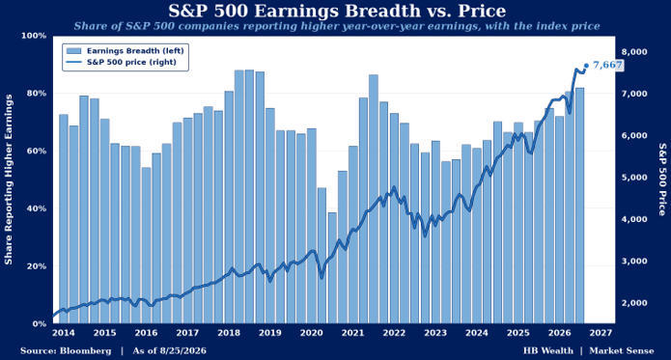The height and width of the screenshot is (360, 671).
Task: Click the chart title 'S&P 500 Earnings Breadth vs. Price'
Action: pyautogui.click(x=337, y=11)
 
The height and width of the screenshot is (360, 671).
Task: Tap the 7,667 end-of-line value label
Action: pyautogui.click(x=607, y=65)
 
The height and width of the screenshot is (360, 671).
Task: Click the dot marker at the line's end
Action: pyautogui.click(x=586, y=66)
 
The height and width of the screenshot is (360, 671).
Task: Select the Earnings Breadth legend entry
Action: pyautogui.click(x=125, y=51)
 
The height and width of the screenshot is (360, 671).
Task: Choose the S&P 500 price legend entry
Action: pyautogui.click(x=121, y=62)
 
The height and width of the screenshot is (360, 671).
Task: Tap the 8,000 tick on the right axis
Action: pyautogui.click(x=633, y=52)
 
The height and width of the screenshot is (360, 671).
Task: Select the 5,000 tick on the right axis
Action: pyautogui.click(x=633, y=178)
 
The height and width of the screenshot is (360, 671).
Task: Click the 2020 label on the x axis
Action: pyautogui.click(x=312, y=333)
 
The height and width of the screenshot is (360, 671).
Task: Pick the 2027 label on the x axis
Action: pyautogui.click(x=601, y=333)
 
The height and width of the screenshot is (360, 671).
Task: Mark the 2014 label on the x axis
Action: pyautogui.click(x=64, y=333)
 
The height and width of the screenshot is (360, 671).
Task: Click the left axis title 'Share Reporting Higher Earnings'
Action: pyautogui.click(x=9, y=180)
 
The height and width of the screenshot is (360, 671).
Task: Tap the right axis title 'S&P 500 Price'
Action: pyautogui.click(x=662, y=180)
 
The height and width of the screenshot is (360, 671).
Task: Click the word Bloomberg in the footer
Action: pyautogui.click(x=86, y=351)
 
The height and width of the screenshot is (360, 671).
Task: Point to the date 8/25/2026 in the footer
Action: pyautogui.click(x=182, y=351)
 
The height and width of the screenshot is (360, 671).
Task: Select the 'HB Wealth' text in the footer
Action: pyautogui.click(x=548, y=351)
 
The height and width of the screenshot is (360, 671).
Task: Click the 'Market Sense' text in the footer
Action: pyautogui.click(x=622, y=351)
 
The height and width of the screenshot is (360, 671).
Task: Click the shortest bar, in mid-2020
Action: pyautogui.click(x=332, y=267)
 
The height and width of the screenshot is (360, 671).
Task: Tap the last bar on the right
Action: pyautogui.click(x=580, y=206)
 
